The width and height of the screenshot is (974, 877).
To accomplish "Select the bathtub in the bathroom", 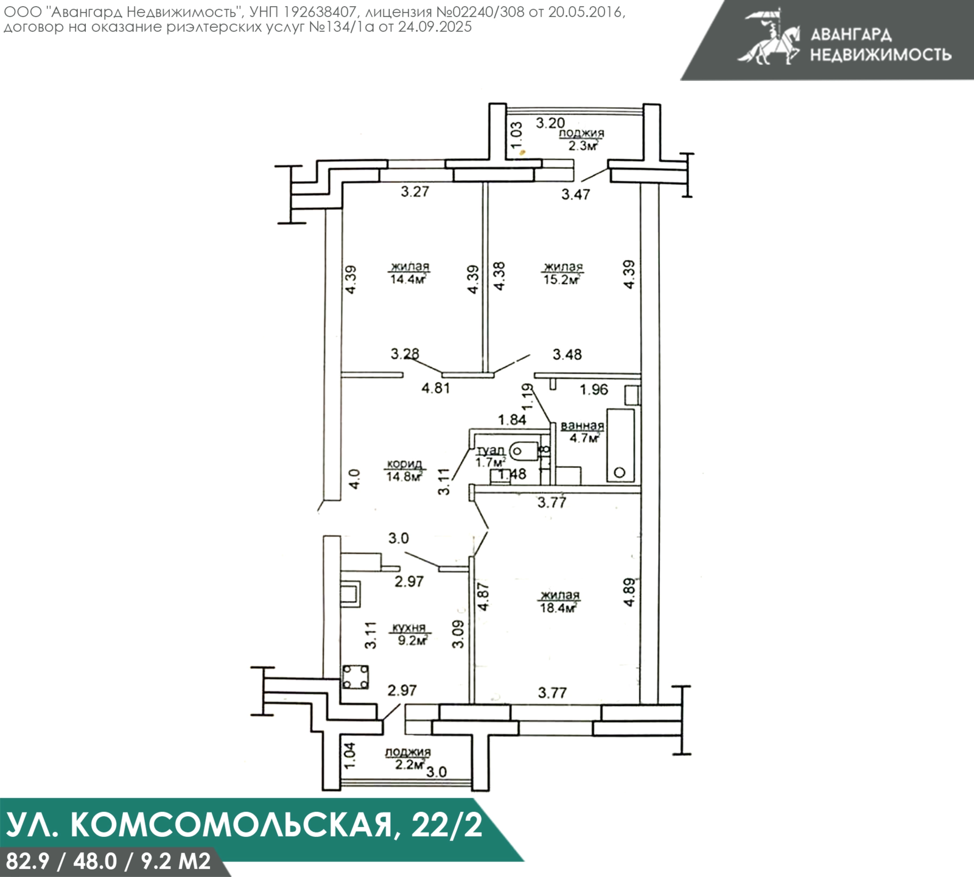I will (x=620, y=446).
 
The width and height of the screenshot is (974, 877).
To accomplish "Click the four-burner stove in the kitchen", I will (x=355, y=677).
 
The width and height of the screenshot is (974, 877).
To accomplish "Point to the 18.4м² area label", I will (x=558, y=602).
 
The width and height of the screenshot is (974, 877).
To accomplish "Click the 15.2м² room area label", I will (x=562, y=273).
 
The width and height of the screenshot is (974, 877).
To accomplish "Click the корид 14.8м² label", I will (x=404, y=470).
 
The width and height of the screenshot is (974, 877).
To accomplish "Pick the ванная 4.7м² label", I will (x=583, y=432).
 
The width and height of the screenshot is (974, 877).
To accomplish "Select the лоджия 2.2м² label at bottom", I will (x=408, y=758).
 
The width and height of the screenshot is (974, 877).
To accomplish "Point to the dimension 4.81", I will (x=436, y=388).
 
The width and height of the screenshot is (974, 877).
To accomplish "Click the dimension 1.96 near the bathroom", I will (x=594, y=390).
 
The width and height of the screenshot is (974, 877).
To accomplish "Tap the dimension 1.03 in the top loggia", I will (x=517, y=135).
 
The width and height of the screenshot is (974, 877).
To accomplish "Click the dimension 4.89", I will (x=630, y=592).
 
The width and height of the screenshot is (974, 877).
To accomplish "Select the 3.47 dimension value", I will (x=575, y=195).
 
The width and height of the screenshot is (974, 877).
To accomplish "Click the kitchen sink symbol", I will (x=351, y=593).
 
